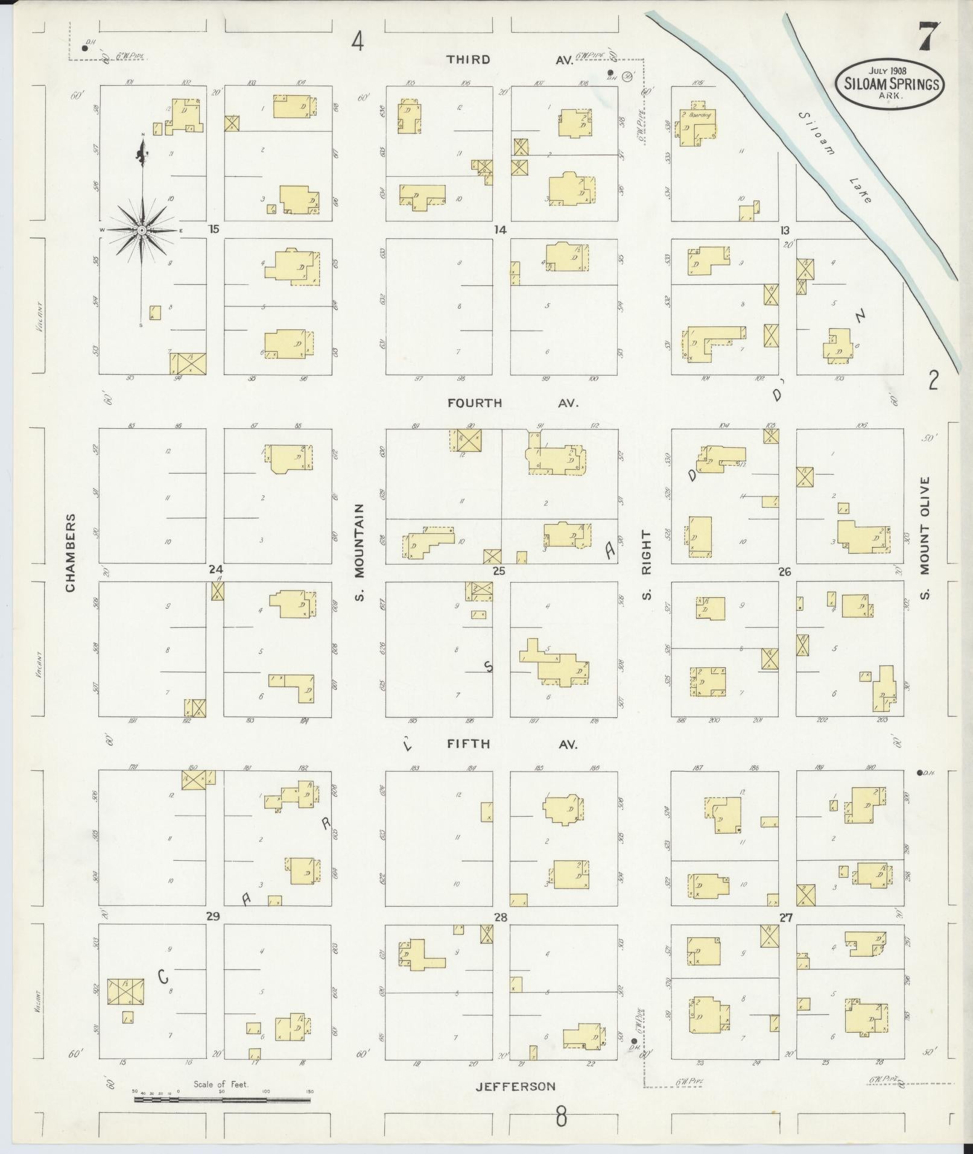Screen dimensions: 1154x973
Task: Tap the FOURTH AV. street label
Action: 513,403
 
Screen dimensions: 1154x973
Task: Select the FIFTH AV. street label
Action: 512,744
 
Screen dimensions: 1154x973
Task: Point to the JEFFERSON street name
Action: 515,1086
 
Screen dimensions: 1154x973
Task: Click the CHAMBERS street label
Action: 71,553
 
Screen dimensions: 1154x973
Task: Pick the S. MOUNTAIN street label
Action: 360,553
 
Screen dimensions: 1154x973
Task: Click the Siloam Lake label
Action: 835,157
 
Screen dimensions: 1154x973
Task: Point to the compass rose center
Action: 142,230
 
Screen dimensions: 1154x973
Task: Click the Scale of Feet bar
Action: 222,1099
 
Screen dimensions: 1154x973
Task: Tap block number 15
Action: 213,229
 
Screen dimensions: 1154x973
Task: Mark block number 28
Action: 500,918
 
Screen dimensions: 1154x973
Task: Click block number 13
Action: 784,230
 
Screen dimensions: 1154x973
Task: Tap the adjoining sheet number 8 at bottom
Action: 562,1117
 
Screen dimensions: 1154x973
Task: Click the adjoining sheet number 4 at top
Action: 358,42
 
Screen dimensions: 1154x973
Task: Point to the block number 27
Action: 785,918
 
